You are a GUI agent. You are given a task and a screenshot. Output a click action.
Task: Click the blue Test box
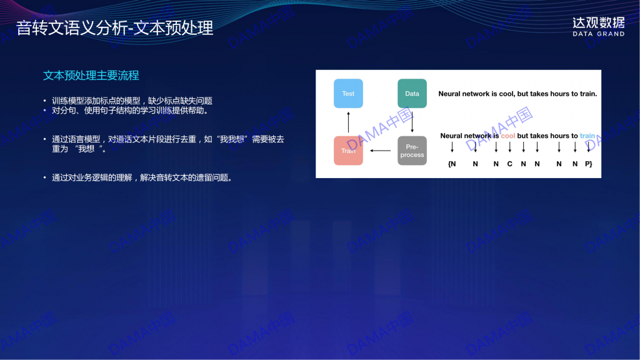click(x=348, y=94)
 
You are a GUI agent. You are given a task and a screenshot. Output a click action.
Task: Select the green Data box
click(x=412, y=94)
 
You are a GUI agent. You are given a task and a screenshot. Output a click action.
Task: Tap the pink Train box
click(x=348, y=151)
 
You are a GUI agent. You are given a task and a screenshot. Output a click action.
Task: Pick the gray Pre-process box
click(x=412, y=151)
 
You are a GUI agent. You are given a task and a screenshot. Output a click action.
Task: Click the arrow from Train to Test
click(x=348, y=122)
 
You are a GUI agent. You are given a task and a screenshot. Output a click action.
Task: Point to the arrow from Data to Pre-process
click(x=412, y=122)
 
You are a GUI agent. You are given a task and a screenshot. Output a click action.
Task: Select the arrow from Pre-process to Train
click(x=381, y=151)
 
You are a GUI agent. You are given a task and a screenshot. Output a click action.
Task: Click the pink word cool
click(x=507, y=136)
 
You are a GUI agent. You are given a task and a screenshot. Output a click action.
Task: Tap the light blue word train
click(x=587, y=136)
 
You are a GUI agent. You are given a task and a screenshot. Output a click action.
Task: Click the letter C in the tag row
click(x=510, y=164)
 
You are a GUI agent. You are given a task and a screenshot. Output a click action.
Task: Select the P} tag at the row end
click(x=589, y=164)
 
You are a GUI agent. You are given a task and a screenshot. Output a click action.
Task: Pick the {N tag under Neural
click(x=452, y=164)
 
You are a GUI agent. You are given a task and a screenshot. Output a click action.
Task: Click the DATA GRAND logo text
click(x=598, y=34)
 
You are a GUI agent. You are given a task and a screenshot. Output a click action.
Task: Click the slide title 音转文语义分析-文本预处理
click(x=115, y=28)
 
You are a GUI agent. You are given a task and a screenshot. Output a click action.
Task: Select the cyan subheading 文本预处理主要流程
click(x=91, y=76)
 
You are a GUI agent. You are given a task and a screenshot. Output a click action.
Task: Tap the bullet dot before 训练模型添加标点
click(x=45, y=101)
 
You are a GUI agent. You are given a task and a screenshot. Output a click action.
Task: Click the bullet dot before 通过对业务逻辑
click(x=45, y=177)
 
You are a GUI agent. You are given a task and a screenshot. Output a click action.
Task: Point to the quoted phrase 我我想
click(x=232, y=139)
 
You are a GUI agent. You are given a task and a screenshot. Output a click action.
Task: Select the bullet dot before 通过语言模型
click(x=45, y=139)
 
